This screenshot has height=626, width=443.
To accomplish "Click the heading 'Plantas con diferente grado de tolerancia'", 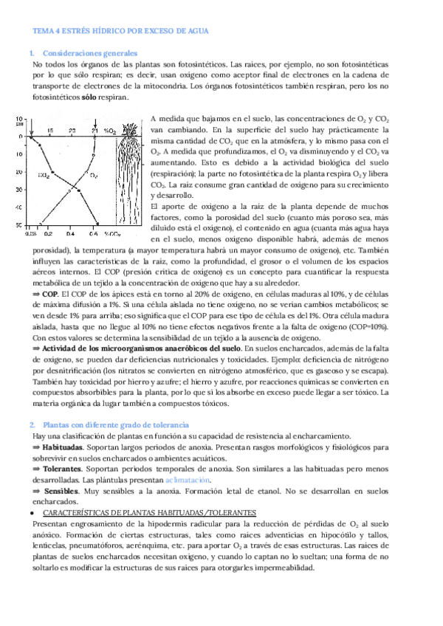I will (x=116, y=424).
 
